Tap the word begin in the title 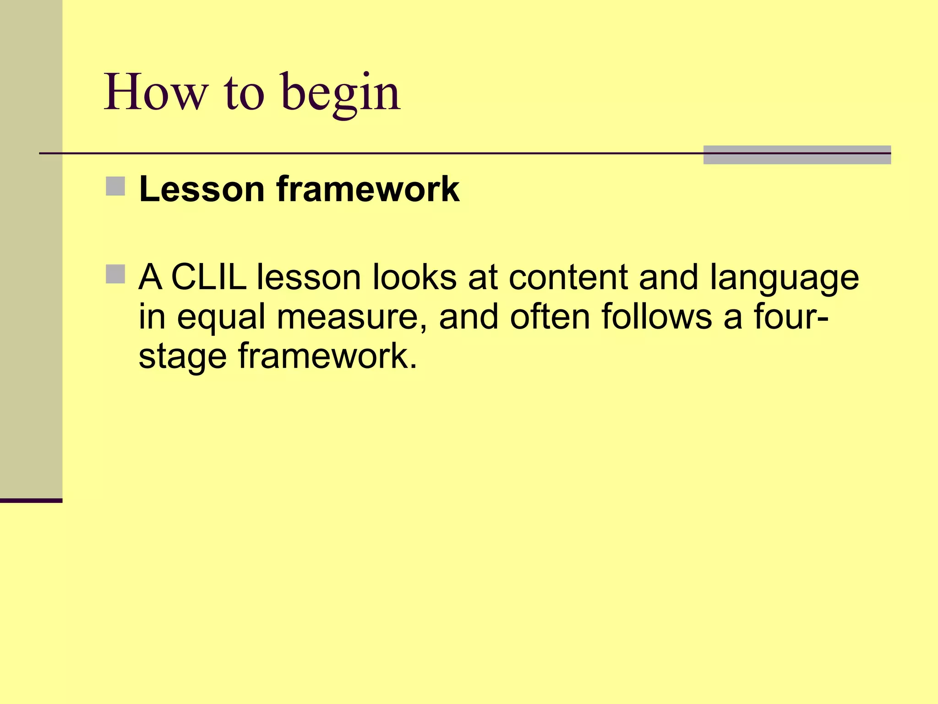click(341, 94)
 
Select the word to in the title click(244, 93)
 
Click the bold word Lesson click(202, 189)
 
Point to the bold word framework click(368, 189)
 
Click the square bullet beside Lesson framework click(115, 186)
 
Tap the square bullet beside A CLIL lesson click(115, 274)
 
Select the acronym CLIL click(209, 277)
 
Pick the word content click(568, 277)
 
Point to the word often click(550, 316)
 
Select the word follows click(657, 316)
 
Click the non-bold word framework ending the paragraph click(327, 356)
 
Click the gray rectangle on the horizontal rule click(797, 155)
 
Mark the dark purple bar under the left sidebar click(31, 500)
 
